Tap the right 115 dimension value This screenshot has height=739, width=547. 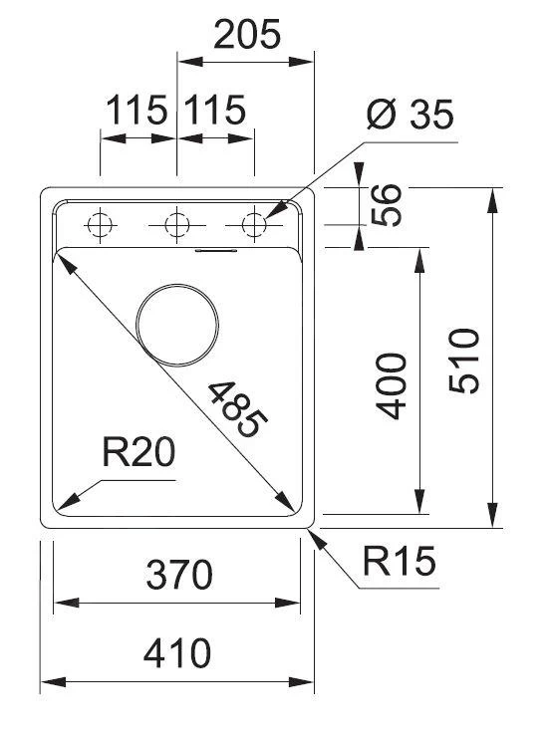pyautogui.click(x=213, y=111)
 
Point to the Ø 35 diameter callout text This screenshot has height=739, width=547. pyautogui.click(x=409, y=115)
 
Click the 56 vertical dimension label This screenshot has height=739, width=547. pyautogui.click(x=390, y=205)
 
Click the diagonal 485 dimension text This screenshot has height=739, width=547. pyautogui.click(x=239, y=409)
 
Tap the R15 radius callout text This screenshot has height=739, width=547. pyautogui.click(x=399, y=564)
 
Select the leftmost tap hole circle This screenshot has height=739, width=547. pyautogui.click(x=100, y=225)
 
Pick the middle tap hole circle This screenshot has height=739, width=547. pyautogui.click(x=177, y=225)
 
